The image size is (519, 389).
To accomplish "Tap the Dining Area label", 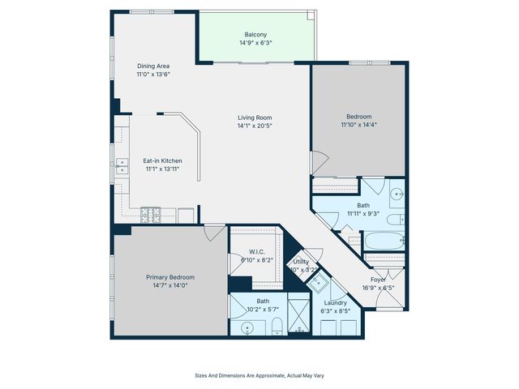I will click(152, 66).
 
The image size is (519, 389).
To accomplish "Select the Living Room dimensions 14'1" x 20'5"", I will click(254, 126).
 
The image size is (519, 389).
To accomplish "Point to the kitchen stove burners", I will click(151, 215).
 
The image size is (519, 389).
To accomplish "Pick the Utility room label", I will click(301, 262).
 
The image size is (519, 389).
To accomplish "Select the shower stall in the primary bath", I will click(299, 316).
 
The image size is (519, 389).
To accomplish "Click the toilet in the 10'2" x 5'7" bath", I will click(277, 326).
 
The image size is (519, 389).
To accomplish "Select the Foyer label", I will click(379, 279).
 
